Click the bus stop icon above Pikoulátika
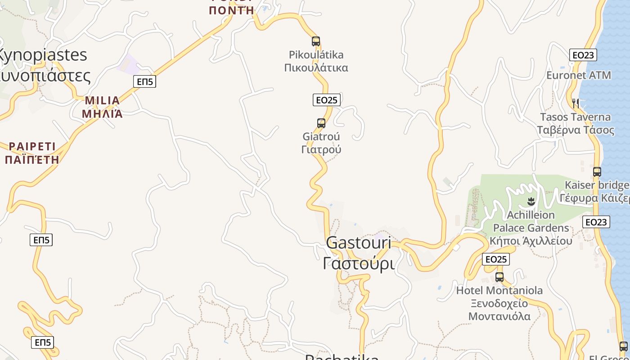tap(316, 41)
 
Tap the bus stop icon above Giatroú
tap(321, 123)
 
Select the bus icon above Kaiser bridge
tap(597, 171)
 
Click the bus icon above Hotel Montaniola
tap(499, 277)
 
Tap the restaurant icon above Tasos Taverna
tap(575, 103)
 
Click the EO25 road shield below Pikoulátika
tap(326, 100)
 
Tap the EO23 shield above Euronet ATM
tap(583, 55)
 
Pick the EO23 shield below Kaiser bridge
tap(596, 222)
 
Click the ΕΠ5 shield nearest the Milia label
tap(144, 81)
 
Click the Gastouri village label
tap(359, 253)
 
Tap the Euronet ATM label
tap(579, 75)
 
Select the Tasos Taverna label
tap(576, 123)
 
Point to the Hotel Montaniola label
tap(499, 303)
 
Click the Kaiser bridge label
tap(597, 191)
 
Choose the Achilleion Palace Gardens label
tap(531, 228)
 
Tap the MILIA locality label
tap(103, 107)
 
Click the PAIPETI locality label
tap(32, 153)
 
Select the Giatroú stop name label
tap(321, 143)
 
